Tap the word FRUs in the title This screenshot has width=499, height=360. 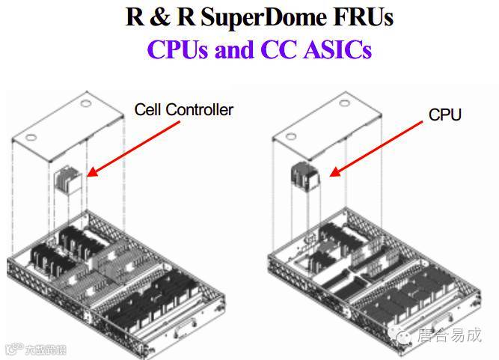[364, 16]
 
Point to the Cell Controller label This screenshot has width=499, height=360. [183, 110]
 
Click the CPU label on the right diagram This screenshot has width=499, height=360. [444, 115]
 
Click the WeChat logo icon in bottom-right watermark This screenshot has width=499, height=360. [405, 337]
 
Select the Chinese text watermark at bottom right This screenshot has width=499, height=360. [450, 336]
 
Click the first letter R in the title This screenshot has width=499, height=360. [135, 16]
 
